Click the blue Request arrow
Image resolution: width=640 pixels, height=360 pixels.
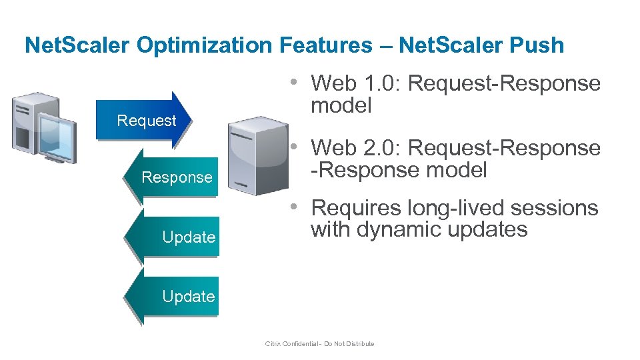pyautogui.click(x=144, y=121)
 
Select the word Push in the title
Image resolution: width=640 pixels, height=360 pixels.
pyautogui.click(x=539, y=45)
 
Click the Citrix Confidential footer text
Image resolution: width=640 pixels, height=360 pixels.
pyautogui.click(x=319, y=344)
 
